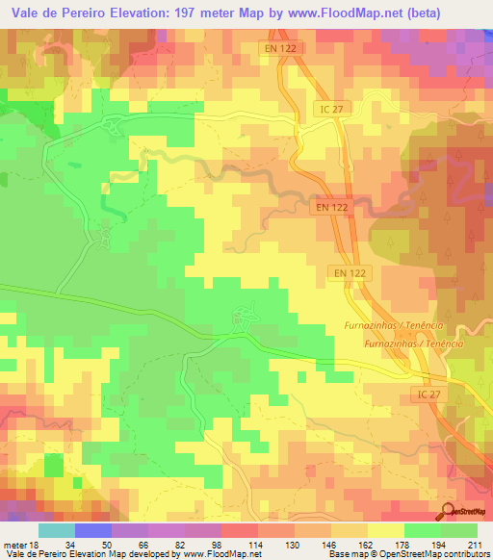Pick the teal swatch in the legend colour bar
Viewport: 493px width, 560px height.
coord(56,530)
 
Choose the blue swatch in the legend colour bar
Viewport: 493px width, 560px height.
coord(92,530)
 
